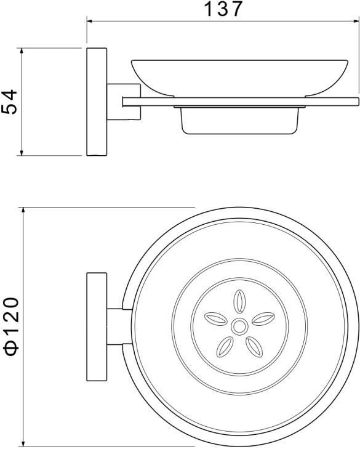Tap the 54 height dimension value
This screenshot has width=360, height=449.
pyautogui.click(x=10, y=102)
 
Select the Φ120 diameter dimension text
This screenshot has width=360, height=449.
pyautogui.click(x=12, y=326)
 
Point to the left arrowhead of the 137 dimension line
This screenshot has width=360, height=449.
pyautogui.click(x=90, y=22)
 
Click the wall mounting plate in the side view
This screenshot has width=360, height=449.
pyautogui.click(x=96, y=101)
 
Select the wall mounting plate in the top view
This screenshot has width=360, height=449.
pyautogui.click(x=95, y=325)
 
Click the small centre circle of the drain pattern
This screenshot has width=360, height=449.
pyautogui.click(x=239, y=325)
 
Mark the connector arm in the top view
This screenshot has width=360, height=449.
pyautogui.click(x=117, y=325)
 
